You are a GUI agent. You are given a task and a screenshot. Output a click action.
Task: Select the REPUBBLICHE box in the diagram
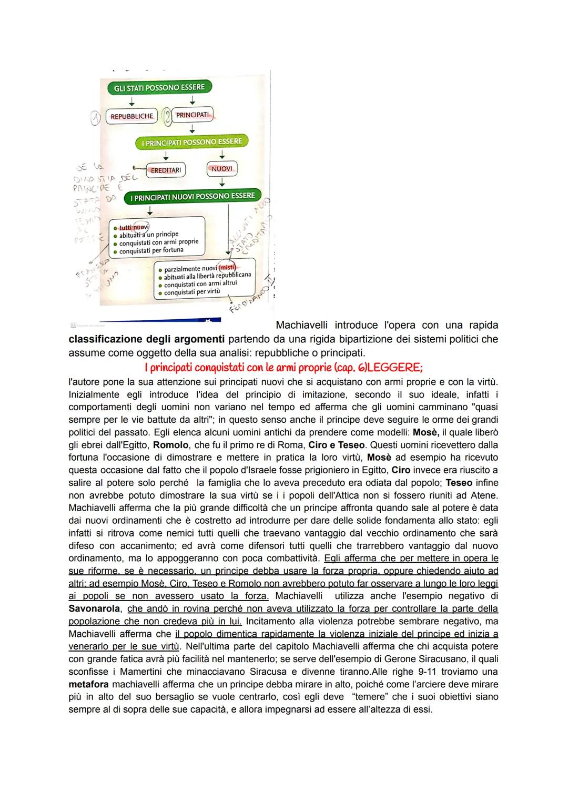click(x=132, y=116)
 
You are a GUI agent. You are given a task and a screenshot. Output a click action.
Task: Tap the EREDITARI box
click(x=166, y=170)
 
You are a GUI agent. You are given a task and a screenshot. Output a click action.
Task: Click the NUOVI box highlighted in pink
click(x=221, y=169)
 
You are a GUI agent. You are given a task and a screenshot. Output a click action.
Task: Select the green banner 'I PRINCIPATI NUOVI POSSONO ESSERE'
click(x=192, y=197)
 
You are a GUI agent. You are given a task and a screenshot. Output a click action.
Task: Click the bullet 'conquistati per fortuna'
click(x=151, y=250)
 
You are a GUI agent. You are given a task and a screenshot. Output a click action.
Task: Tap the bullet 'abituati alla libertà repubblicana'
click(x=207, y=276)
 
